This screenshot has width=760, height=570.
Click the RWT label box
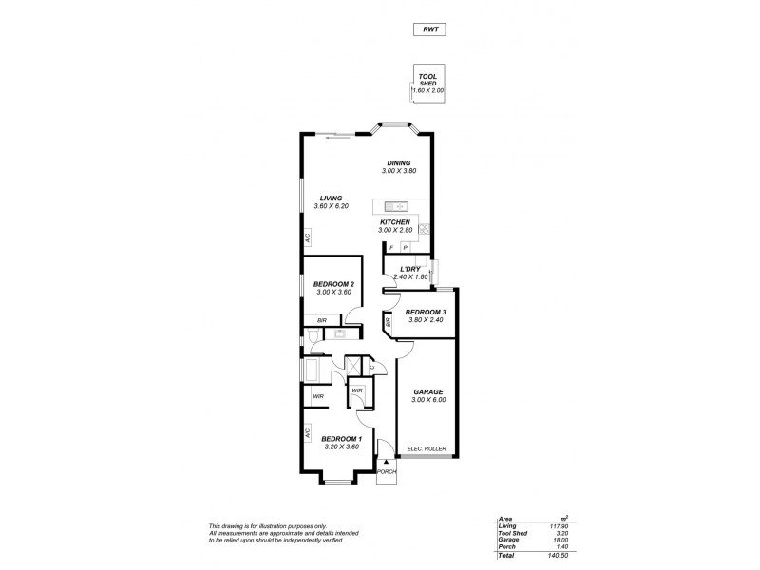pos(429,30)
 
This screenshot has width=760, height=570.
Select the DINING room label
pos(398,162)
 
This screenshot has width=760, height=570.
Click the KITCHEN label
pos(394,222)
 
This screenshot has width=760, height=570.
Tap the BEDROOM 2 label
pos(335,284)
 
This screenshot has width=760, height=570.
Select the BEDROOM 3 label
pos(425,312)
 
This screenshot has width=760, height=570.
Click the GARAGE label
pos(428,391)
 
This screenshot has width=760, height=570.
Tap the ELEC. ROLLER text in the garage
pos(427,448)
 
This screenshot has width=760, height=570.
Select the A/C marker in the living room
pos(307,238)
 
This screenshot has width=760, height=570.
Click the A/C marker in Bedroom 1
pos(307,432)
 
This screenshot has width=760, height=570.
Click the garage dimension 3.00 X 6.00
pos(428,400)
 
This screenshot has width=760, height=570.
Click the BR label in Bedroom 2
pos(322,320)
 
